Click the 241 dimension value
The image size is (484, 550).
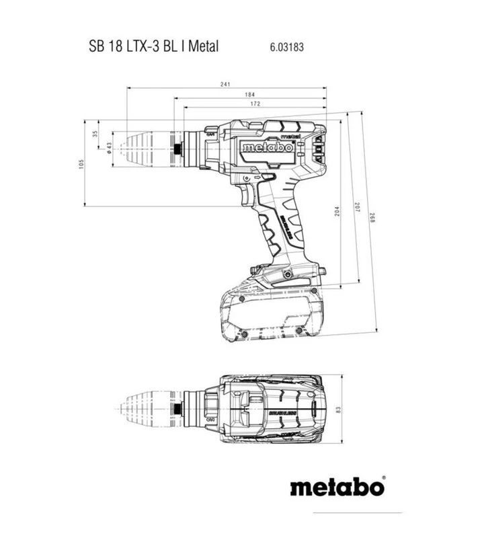225,84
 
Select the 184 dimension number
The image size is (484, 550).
249,95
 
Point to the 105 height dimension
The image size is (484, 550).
81,163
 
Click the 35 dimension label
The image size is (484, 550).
95,133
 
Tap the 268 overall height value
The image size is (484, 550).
371,223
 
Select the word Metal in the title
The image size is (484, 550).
203,46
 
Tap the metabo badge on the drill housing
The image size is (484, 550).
268,147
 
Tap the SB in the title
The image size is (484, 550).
96,46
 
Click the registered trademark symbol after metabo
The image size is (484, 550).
384,479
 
